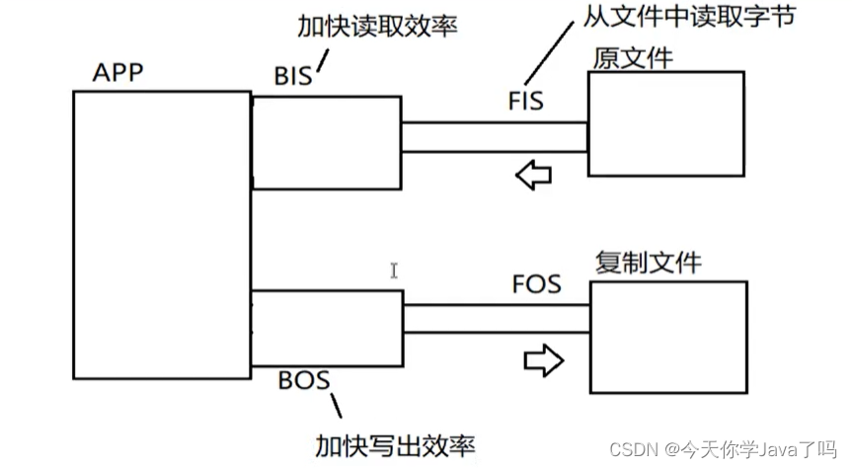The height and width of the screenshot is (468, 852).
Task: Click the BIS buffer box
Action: tap(327, 142)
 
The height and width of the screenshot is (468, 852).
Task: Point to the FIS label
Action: tap(525, 101)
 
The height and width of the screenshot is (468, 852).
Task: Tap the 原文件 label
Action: tap(632, 57)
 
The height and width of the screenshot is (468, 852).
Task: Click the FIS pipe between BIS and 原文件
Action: tap(494, 137)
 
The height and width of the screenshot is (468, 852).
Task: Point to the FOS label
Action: tap(537, 283)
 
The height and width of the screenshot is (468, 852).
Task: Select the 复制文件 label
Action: tap(649, 263)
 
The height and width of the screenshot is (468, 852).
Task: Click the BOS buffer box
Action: tap(327, 327)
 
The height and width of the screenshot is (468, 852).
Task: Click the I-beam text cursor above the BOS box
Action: tap(394, 271)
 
